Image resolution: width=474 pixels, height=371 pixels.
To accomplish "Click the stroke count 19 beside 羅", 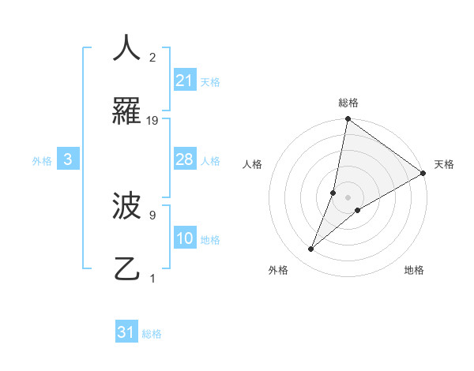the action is coord(152,121).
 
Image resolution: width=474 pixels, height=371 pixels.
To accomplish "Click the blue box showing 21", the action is coord(184,81).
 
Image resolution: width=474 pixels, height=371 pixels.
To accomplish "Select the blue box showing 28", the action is coord(184,159).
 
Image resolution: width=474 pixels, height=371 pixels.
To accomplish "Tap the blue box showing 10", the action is coord(184,238).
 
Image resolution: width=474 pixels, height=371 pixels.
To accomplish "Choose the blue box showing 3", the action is coord(68,159).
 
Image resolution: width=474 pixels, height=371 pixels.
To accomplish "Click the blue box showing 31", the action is coord(126,333).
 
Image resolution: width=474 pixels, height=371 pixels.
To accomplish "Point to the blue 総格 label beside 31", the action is coord(152,334).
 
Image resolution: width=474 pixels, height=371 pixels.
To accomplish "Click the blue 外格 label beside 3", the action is coord(42,160).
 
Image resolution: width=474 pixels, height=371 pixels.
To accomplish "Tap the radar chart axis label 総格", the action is coord(348,103).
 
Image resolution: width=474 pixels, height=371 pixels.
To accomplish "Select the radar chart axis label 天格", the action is coord(444,164).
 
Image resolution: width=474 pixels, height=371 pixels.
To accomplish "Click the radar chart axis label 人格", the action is coord(252,164).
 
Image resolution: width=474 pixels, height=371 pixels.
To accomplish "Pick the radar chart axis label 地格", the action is coord(414,270).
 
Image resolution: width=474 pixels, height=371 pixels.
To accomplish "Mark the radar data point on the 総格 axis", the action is coord(348,120).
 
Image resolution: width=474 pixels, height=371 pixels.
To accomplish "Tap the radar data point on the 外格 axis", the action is coord(311,249).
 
